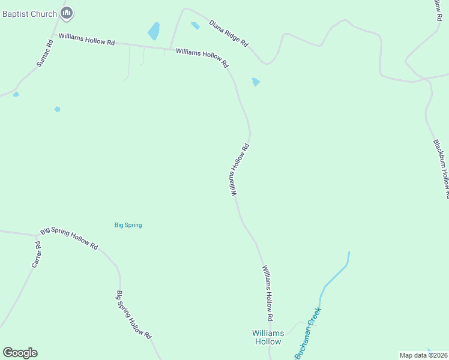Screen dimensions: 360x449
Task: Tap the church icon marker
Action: (x=67, y=13)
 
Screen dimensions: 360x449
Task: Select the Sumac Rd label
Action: (x=45, y=53)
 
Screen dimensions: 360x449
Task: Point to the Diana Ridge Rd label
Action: (x=228, y=34)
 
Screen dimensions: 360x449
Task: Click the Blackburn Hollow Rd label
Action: (x=441, y=169)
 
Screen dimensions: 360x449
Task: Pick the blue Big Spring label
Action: (x=128, y=225)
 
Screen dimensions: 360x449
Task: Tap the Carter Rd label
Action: (x=37, y=254)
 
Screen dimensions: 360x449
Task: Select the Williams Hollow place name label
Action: (x=267, y=337)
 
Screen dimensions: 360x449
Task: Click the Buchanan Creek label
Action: (x=308, y=332)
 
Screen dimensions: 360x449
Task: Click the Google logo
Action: (x=20, y=353)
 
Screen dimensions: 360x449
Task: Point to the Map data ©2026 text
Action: (x=424, y=355)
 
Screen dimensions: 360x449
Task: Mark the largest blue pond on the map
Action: (x=154, y=31)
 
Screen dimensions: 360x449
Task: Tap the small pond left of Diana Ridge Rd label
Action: (x=195, y=26)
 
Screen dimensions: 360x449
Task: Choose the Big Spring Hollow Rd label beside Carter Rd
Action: (x=69, y=238)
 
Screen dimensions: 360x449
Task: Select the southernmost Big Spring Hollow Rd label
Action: (x=133, y=316)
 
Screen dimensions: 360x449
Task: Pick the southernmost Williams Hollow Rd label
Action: (x=267, y=293)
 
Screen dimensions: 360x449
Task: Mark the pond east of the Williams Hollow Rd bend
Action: (x=256, y=82)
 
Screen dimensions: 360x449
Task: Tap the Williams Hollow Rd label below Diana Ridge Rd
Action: (x=202, y=58)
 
